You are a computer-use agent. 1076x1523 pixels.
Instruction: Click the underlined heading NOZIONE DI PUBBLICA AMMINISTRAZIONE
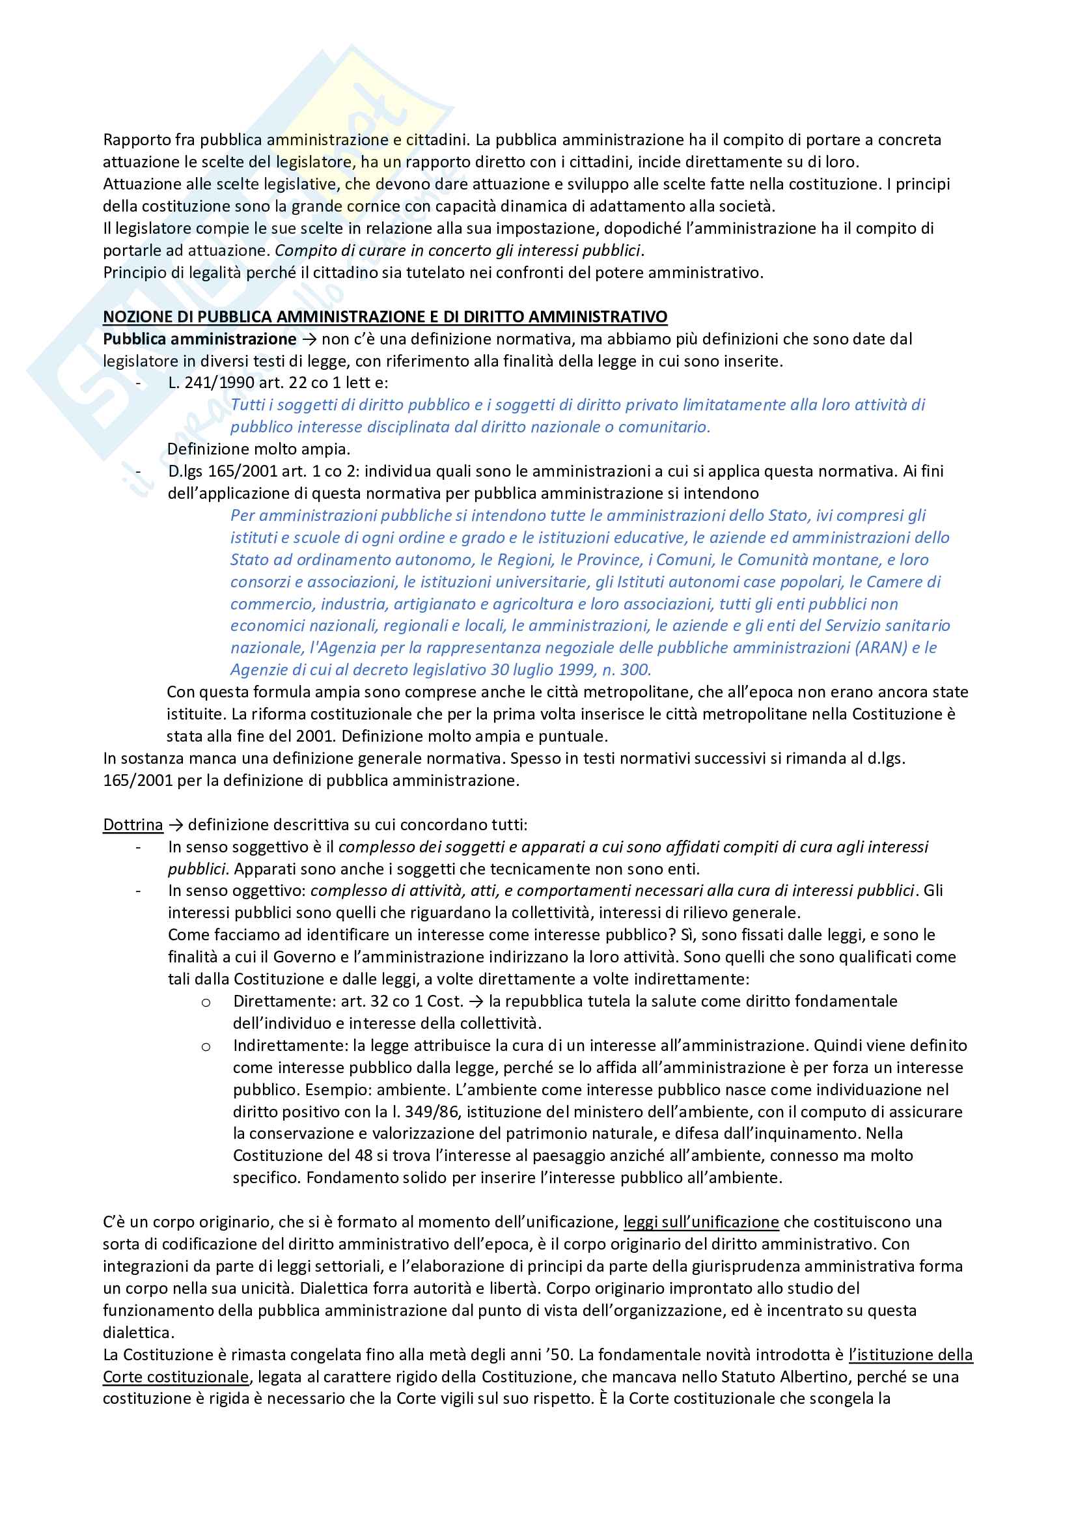[385, 317]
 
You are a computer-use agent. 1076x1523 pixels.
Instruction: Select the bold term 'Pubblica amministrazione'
[200, 339]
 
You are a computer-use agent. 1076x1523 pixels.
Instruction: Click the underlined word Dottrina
[133, 824]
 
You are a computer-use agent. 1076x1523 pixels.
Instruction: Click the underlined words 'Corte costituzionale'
[176, 1376]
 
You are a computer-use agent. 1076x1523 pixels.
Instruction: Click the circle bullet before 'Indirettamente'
[206, 1047]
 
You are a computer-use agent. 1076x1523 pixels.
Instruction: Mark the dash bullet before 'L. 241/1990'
[138, 383]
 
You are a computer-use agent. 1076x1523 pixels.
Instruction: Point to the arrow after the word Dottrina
[175, 824]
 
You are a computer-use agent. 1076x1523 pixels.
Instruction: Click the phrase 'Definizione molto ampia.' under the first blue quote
[258, 449]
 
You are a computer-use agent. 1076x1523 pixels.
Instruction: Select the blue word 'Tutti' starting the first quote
[247, 404]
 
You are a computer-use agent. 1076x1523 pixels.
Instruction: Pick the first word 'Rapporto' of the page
[136, 140]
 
